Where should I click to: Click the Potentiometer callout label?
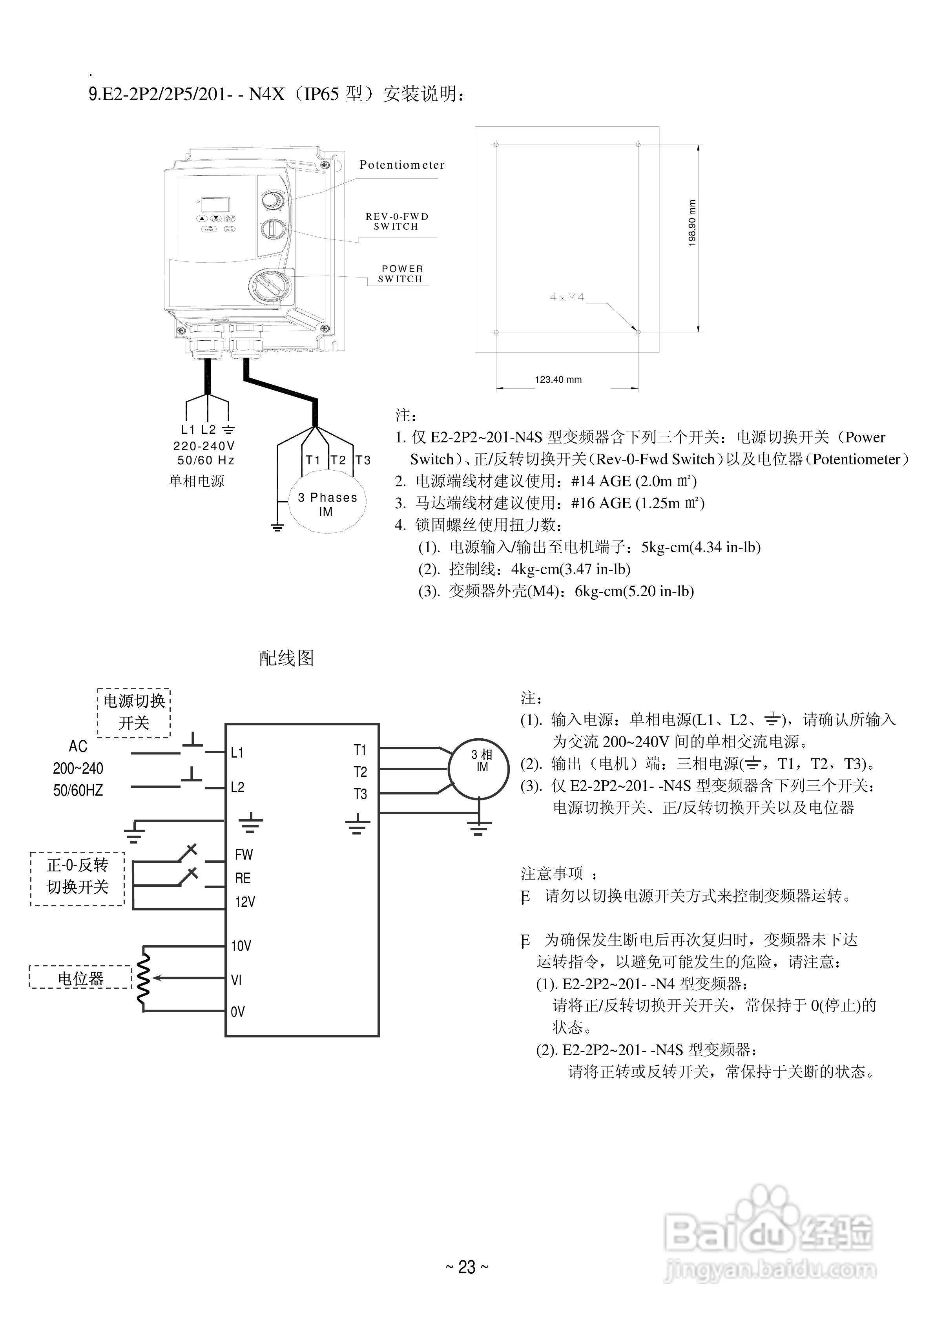tap(402, 165)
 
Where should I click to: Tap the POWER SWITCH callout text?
tap(401, 274)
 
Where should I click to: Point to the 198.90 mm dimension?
tap(692, 223)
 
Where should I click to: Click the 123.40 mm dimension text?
tap(558, 380)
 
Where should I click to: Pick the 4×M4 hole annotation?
tap(567, 298)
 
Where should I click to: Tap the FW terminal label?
tap(244, 855)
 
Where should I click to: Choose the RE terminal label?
tap(243, 878)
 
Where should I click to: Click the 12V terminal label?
tap(245, 902)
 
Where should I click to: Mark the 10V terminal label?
tap(241, 946)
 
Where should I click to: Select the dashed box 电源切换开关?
tap(133, 712)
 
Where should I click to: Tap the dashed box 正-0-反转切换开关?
tap(77, 878)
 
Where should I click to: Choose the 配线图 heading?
tap(286, 658)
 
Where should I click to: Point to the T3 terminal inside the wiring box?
tap(360, 794)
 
